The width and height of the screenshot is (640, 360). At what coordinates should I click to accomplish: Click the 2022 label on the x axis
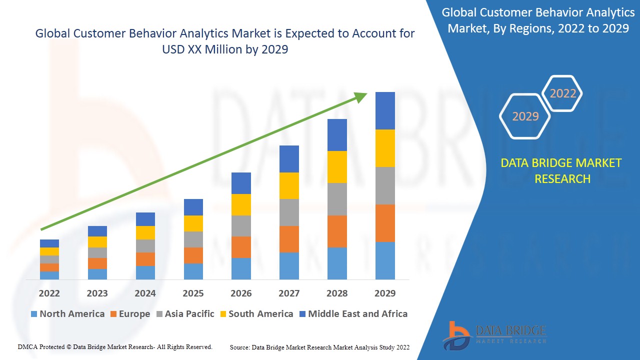coord(49,293)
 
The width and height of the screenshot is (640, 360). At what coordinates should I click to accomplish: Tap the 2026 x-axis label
coord(241,293)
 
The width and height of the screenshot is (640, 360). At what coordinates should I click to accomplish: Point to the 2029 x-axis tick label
coord(385,293)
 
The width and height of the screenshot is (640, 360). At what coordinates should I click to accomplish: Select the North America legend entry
coord(67,314)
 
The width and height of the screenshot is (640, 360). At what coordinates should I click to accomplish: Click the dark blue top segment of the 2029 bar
coord(385,110)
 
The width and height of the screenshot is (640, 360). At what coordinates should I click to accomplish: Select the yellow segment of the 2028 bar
coord(337,167)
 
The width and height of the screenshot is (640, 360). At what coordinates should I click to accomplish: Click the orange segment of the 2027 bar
coord(289,239)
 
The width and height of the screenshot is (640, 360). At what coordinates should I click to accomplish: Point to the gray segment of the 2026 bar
coord(241,226)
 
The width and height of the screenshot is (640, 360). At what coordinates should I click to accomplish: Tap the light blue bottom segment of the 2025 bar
coord(193,271)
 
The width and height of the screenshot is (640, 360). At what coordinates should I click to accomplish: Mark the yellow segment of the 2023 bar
coord(97,242)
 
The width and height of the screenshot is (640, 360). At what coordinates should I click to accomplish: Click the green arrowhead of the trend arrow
coord(361,96)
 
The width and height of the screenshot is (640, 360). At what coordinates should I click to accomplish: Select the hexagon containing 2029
coord(525,116)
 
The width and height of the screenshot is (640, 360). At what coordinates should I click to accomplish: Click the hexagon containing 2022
coord(562,93)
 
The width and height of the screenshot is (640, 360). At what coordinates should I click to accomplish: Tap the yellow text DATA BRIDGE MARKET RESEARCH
coord(562,171)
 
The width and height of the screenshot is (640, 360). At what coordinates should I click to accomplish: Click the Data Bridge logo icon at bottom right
coord(456,335)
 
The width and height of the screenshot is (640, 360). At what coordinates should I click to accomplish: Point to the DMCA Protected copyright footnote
coord(115,346)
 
